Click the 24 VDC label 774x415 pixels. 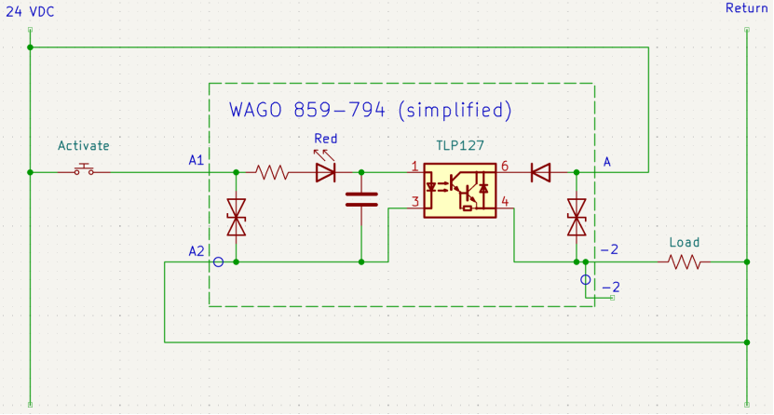pos(30,12)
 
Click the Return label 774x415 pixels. pos(746,7)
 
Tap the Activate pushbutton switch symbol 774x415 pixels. pos(84,169)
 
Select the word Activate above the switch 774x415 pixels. pos(84,145)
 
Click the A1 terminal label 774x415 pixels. pos(196,160)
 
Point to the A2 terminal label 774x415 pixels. pos(196,251)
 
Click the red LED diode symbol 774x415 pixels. pos(325,172)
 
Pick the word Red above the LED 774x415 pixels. pos(326,139)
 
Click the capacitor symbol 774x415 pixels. pos(361,200)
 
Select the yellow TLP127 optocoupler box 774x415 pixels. pos(459,190)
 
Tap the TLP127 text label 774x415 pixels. pos(459,145)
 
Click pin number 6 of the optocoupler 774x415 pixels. pos(505,167)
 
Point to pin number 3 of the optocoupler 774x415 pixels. pos(415,202)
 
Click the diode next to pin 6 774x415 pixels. pos(541,172)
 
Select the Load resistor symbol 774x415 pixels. pos(685,261)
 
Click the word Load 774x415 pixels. pos(685,243)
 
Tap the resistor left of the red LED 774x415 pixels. pos(270,172)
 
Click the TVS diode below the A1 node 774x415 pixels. pos(236,218)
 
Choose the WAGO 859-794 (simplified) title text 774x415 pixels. pos(370,110)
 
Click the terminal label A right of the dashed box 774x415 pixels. pos(607,162)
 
